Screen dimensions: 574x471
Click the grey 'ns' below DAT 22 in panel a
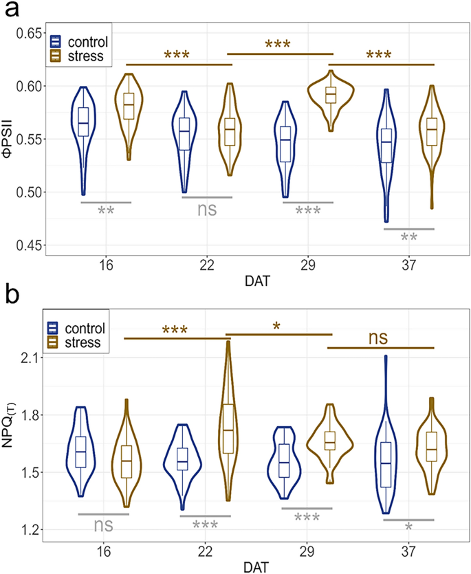click(206, 210)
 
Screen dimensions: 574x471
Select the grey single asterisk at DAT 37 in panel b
click(408, 528)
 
